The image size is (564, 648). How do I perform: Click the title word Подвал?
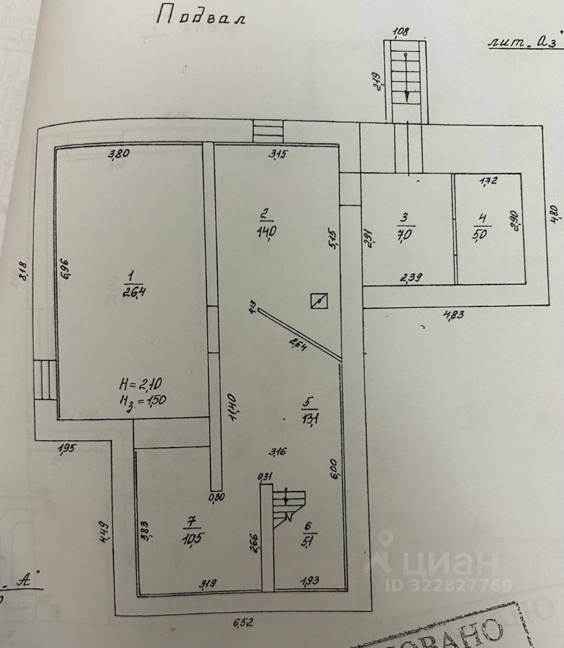pos(200,16)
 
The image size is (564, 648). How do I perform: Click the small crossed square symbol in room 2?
pos(318,300)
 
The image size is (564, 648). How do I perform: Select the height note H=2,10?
pos(141,385)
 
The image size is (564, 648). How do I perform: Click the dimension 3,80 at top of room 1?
pos(119,155)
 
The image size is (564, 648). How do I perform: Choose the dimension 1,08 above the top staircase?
pos(401,31)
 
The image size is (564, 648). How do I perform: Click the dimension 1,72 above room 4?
pos(488,181)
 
